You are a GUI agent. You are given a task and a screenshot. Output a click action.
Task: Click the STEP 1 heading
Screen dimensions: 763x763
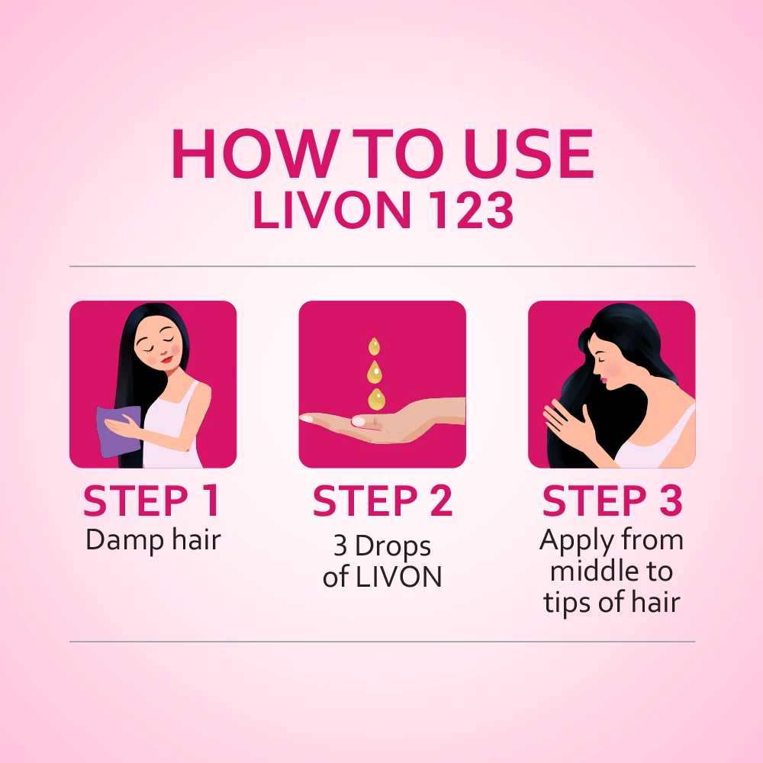tap(152, 501)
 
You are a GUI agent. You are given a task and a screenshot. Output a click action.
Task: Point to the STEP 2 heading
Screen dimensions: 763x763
tap(382, 501)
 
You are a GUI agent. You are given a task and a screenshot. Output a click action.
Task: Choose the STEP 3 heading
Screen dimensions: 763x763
tap(612, 501)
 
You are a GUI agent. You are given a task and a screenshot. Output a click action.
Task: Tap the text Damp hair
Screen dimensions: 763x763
tap(153, 540)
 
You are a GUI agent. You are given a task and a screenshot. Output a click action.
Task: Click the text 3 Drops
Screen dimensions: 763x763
tap(382, 546)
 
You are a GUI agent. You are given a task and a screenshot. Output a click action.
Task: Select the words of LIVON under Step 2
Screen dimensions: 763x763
tap(382, 577)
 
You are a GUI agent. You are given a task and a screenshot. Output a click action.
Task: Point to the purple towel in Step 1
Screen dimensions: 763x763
tap(118, 431)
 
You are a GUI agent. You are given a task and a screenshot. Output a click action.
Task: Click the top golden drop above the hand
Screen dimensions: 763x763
tap(374, 347)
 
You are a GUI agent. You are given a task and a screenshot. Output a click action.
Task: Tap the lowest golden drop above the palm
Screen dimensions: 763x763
tap(376, 398)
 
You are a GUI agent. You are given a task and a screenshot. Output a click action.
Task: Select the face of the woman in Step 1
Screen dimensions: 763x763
tap(155, 350)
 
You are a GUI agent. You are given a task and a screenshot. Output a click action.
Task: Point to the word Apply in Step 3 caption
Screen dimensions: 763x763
tap(574, 540)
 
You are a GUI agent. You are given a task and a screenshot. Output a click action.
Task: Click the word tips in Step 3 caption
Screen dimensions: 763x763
tap(568, 603)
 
